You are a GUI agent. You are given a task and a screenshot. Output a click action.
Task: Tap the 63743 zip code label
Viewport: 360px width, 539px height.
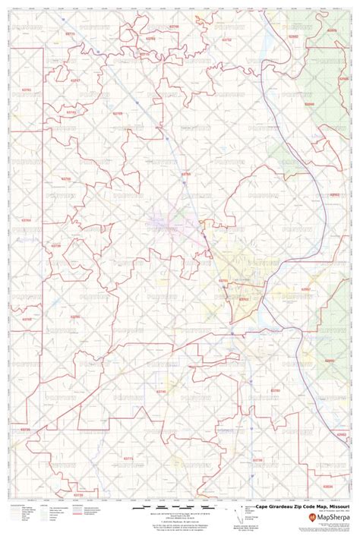coord(71,112)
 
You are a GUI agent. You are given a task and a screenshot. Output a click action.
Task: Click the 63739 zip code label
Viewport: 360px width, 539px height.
coord(55,246)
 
